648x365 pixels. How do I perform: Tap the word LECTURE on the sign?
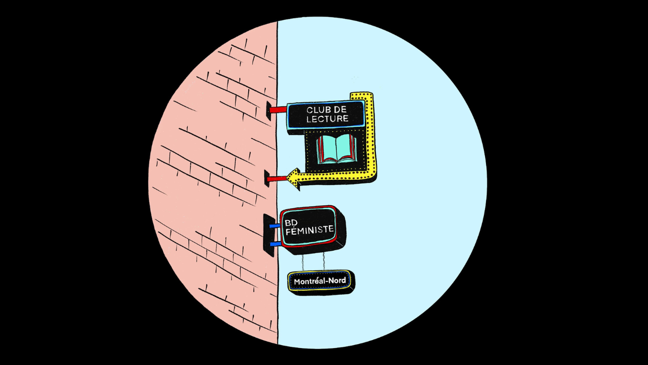pos(327,119)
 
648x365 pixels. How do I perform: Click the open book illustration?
pos(336,149)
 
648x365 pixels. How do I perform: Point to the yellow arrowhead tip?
pos(287,178)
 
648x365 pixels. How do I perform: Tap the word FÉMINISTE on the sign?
pos(310,230)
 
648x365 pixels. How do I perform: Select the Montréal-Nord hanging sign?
pos(321,281)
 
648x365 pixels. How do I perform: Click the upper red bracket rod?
pos(278,109)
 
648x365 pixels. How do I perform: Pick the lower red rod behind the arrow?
pos(276,179)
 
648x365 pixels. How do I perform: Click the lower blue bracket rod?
pos(275,244)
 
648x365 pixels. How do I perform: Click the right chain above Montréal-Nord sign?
pos(324,261)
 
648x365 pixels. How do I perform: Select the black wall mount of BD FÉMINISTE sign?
pos(269,235)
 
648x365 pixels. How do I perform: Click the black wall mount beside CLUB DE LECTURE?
pos(268,111)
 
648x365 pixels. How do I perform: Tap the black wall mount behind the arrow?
pos(267,178)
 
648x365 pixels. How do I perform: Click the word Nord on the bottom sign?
pos(337,281)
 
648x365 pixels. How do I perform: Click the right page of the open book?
pos(346,148)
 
